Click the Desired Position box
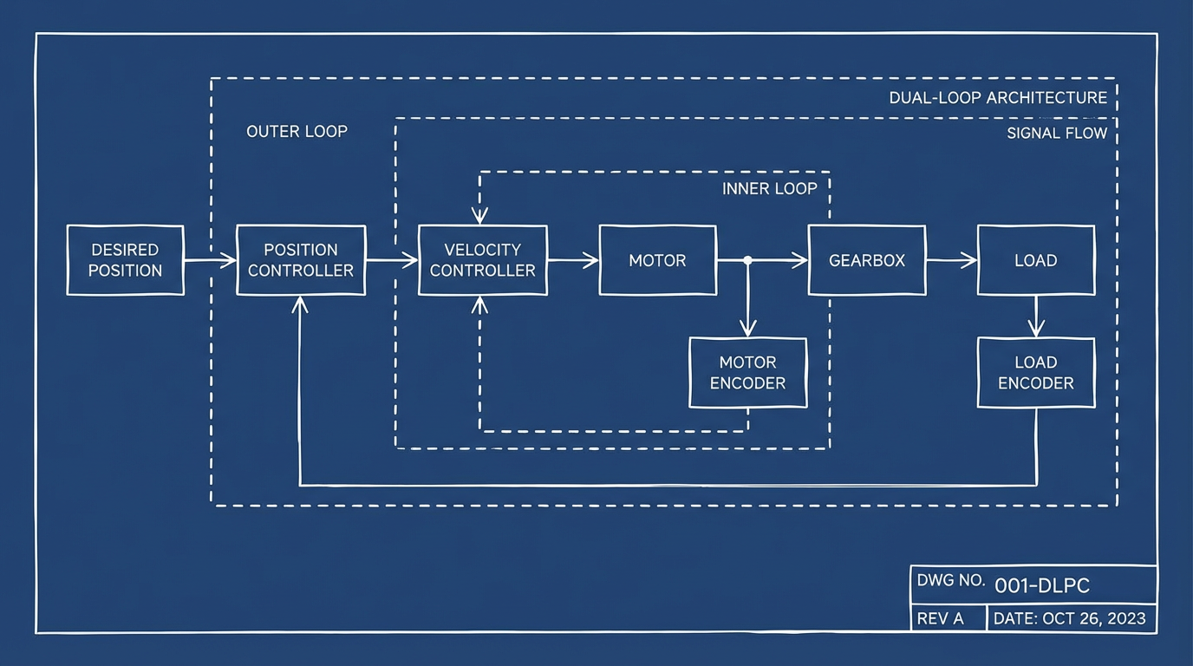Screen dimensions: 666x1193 point(126,260)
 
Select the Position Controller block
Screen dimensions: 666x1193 point(301,260)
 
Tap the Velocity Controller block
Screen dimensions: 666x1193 point(483,260)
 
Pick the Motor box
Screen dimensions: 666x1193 point(657,260)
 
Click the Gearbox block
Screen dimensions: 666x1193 point(867,260)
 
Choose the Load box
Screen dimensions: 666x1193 point(1036,260)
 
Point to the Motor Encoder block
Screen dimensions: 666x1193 point(747,373)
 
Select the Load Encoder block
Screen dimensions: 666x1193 point(1036,373)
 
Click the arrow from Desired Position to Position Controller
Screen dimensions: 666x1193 point(210,260)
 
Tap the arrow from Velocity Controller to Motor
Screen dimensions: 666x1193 point(573,260)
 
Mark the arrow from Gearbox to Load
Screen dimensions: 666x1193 point(951,260)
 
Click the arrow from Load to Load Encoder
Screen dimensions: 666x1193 point(1036,317)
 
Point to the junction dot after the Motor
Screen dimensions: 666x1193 point(747,260)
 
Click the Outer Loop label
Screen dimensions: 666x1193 point(297,132)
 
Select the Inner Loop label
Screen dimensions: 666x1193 point(769,189)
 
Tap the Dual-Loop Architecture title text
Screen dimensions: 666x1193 point(998,98)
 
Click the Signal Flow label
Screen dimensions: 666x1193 point(1057,134)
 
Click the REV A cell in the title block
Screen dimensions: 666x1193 point(940,618)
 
